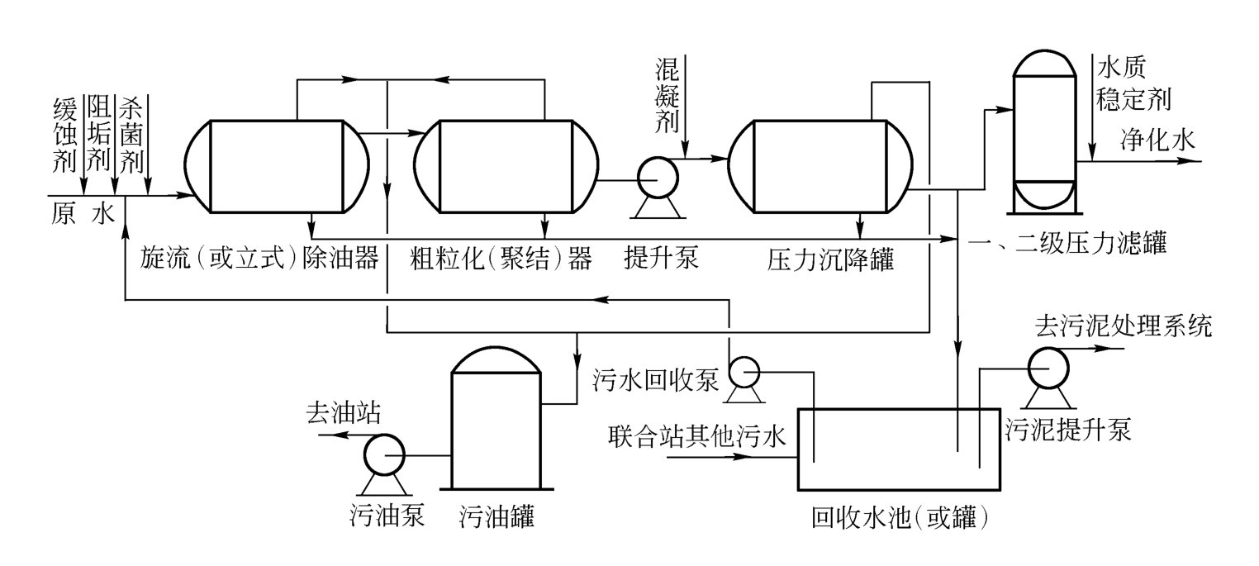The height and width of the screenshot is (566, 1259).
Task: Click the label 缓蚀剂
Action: (x=64, y=135)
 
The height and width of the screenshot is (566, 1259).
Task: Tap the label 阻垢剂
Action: (x=98, y=135)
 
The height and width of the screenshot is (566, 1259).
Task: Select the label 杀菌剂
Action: (x=132, y=135)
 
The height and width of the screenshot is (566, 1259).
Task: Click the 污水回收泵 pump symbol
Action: (x=745, y=374)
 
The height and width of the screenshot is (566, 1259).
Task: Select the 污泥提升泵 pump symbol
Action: (x=1046, y=364)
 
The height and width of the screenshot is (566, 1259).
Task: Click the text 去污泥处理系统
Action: (x=1123, y=327)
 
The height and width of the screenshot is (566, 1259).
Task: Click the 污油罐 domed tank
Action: (x=495, y=421)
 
